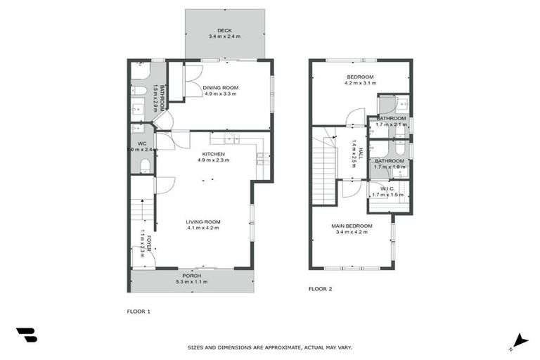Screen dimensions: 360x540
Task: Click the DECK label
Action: pyautogui.click(x=224, y=30)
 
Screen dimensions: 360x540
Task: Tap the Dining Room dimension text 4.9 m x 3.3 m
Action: pyautogui.click(x=221, y=93)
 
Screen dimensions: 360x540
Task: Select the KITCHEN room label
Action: pyautogui.click(x=214, y=154)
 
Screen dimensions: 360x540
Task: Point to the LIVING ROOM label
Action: pyautogui.click(x=203, y=221)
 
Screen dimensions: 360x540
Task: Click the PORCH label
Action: pyautogui.click(x=191, y=276)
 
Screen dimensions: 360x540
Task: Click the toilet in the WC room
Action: pyautogui.click(x=145, y=166)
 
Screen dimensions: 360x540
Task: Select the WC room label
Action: pyautogui.click(x=141, y=143)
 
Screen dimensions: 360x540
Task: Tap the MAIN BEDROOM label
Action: pyautogui.click(x=352, y=226)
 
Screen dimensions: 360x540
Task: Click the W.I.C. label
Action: pyautogui.click(x=387, y=188)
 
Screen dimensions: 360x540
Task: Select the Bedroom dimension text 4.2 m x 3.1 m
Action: pyautogui.click(x=359, y=83)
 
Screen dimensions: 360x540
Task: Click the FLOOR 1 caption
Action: pyautogui.click(x=138, y=311)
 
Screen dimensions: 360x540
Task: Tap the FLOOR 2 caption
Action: pyautogui.click(x=320, y=289)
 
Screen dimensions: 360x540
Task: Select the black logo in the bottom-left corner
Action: pyautogui.click(x=27, y=335)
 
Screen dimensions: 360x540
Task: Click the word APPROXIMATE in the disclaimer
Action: pyautogui.click(x=282, y=347)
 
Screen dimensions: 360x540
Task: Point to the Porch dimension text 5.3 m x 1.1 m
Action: pyautogui.click(x=191, y=282)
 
